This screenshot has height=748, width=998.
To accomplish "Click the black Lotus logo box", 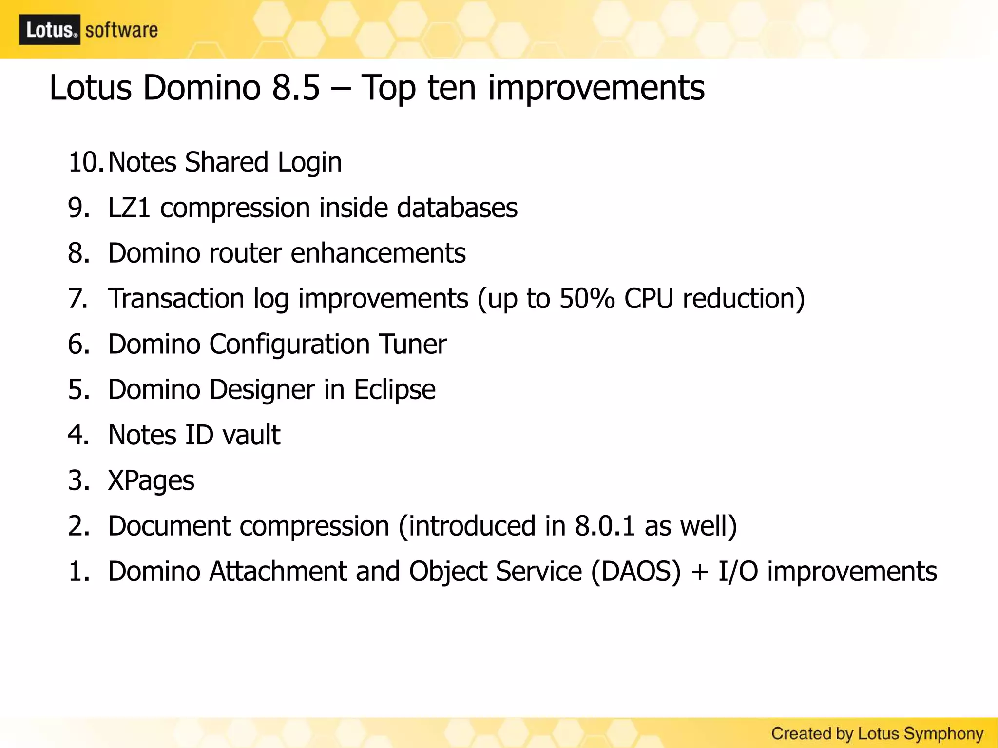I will point(50,30).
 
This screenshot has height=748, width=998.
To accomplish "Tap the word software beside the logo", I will point(121,30).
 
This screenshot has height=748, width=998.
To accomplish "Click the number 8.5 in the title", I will point(296,88).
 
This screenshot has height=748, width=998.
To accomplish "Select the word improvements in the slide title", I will point(596,89).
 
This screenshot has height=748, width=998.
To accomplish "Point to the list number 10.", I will point(84,162).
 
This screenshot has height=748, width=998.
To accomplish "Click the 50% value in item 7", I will point(587,298).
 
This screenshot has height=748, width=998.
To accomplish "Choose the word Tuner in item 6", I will point(413,344).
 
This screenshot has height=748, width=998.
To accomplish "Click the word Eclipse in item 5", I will point(394,390).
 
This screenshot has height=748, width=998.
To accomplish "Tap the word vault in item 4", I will point(251,435).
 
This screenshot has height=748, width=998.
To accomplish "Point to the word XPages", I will point(151,481).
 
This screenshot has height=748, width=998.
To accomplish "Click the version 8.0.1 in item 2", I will point(605,526).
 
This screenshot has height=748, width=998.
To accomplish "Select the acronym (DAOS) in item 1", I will point(635,572).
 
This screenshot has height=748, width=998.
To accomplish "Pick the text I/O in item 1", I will point(738,572).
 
